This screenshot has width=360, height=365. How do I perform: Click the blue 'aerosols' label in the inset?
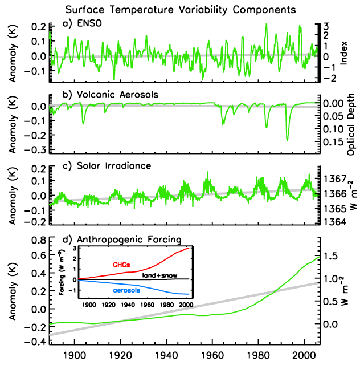pyautogui.click(x=125, y=290)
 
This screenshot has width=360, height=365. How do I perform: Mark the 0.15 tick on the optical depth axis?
pyautogui.click(x=332, y=140)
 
